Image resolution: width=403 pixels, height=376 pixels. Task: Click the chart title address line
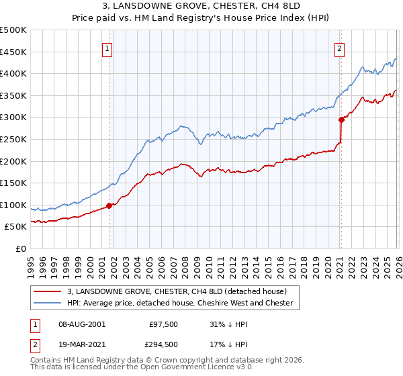(201, 5)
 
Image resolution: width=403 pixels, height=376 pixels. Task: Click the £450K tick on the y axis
(13, 52)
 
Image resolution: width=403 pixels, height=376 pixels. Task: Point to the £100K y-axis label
(13, 205)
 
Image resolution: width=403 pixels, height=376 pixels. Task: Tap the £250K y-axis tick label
(13, 139)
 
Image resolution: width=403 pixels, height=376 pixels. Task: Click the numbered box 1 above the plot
(107, 48)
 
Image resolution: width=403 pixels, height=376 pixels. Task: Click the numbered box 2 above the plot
(340, 48)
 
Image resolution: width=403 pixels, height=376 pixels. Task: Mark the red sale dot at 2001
(109, 205)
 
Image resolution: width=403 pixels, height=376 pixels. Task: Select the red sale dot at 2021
(341, 120)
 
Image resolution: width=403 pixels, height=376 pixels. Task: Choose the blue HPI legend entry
(180, 303)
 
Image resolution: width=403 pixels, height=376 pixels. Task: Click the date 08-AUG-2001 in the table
(82, 324)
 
